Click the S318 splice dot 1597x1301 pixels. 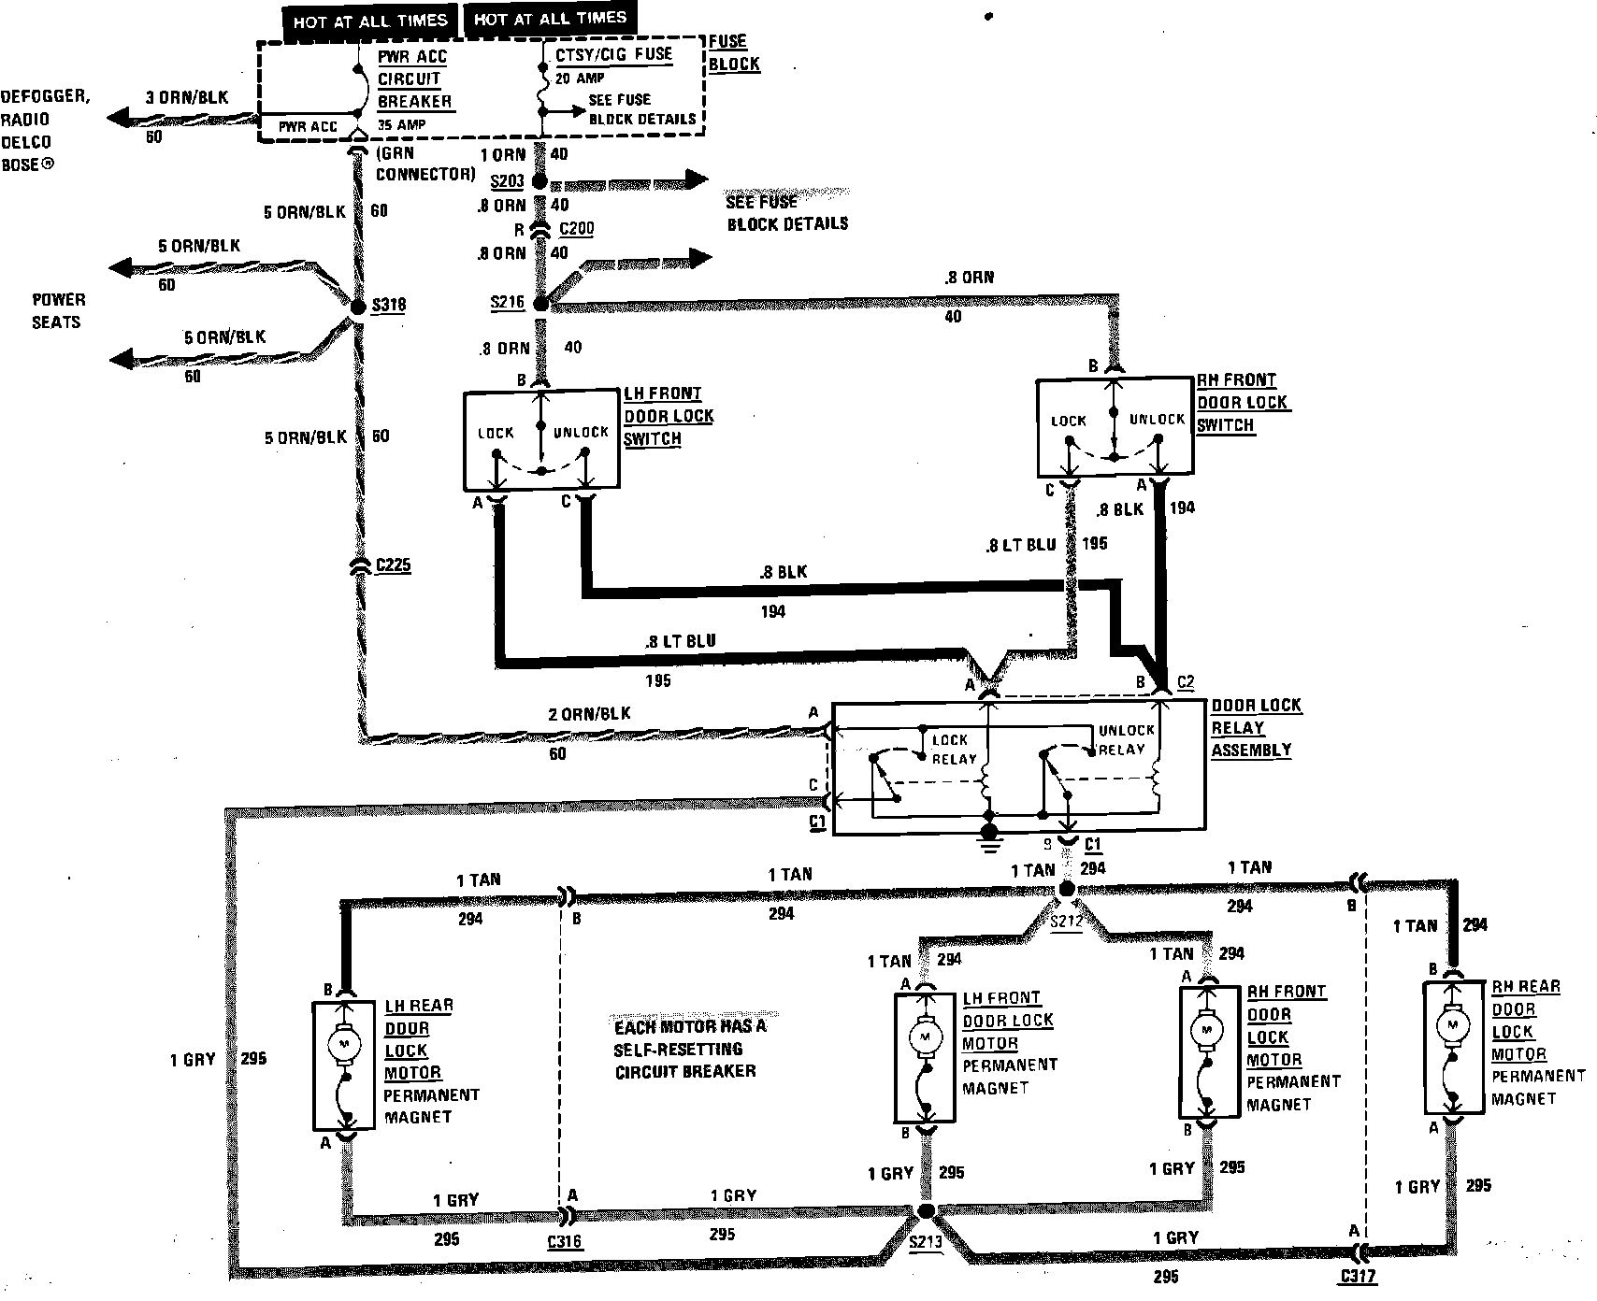click(357, 306)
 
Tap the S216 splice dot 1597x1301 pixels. click(540, 304)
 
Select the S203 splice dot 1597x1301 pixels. click(540, 181)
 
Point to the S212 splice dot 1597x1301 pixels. click(1066, 892)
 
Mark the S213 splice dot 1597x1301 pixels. click(927, 1211)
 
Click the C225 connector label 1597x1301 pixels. click(393, 565)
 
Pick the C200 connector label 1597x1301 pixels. click(577, 229)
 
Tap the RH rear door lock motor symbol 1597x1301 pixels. click(1452, 1025)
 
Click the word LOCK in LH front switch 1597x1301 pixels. click(496, 433)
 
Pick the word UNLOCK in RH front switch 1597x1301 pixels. click(1157, 420)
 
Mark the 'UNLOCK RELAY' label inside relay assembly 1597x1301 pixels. click(1126, 739)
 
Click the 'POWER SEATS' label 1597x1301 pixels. click(58, 310)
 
